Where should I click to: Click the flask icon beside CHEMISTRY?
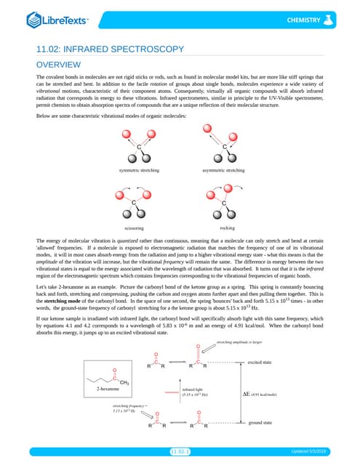332,18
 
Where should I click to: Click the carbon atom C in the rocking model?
224,202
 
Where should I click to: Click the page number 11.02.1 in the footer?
180,451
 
